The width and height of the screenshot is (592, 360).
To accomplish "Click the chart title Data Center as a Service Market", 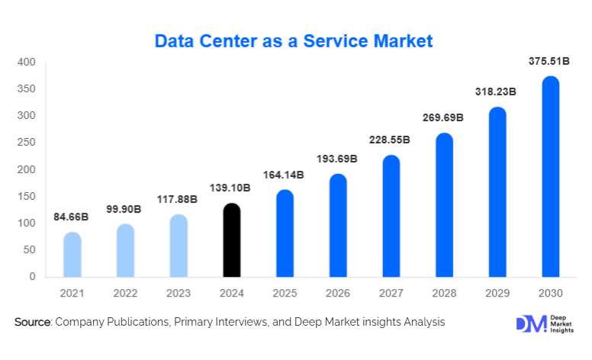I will [x=294, y=40].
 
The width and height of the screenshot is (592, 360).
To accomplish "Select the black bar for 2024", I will [x=231, y=240].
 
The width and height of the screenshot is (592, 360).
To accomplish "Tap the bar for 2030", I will [x=550, y=177].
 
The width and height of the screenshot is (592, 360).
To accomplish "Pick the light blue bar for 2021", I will [x=72, y=255].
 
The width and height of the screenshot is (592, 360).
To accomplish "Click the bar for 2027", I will [x=391, y=217].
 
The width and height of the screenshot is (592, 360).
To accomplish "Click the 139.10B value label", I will [x=230, y=187].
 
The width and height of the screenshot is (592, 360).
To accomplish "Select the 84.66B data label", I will [x=71, y=217].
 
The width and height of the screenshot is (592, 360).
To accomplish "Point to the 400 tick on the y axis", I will [x=27, y=63].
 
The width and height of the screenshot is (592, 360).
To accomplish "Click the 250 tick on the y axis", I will [x=27, y=143].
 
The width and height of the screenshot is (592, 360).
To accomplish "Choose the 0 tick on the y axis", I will [x=33, y=277].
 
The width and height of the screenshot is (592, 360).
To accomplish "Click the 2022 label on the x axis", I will [x=125, y=292].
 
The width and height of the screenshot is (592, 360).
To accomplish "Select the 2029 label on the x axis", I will [x=497, y=292].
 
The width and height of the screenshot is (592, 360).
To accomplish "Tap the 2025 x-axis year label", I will [x=285, y=292].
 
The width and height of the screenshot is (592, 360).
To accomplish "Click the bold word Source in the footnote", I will [x=32, y=323].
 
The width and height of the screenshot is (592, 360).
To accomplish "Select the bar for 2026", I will [x=337, y=226].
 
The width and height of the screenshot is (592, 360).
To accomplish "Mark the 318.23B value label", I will [x=496, y=92].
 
